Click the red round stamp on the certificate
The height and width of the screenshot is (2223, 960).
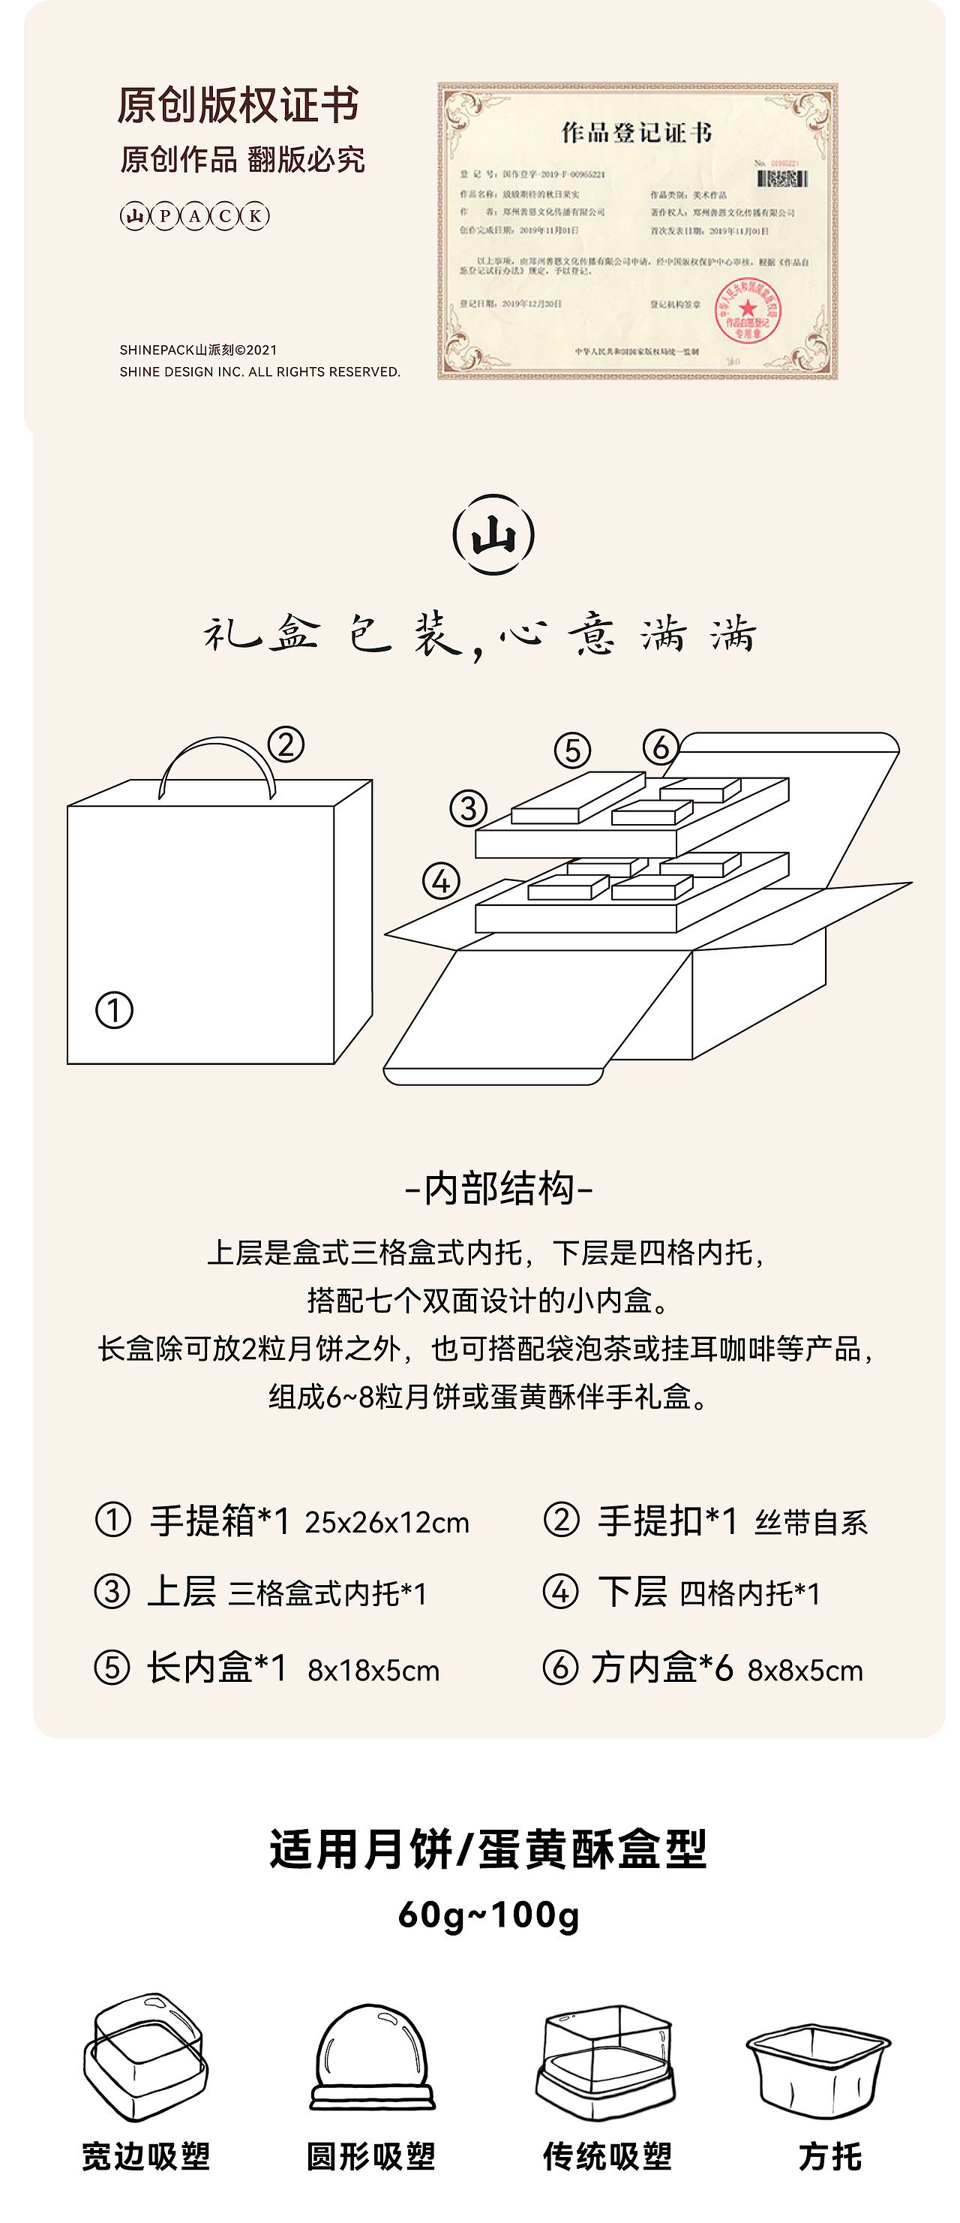(x=747, y=311)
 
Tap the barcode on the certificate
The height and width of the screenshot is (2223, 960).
(x=781, y=179)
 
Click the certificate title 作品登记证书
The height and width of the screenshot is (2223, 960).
(x=637, y=132)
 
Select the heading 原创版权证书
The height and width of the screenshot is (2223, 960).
(x=237, y=105)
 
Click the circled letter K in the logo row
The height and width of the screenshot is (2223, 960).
(x=255, y=215)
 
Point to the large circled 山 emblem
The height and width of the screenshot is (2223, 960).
(x=493, y=535)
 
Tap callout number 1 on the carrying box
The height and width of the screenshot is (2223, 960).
(x=114, y=1010)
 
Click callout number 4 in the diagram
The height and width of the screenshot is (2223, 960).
(x=441, y=882)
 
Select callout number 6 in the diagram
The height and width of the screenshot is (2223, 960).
(x=661, y=748)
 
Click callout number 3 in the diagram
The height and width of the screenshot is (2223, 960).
(x=468, y=808)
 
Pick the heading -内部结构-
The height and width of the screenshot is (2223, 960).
(x=499, y=1188)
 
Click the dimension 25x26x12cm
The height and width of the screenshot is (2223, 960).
(x=387, y=1522)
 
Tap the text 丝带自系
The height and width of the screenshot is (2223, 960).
(x=811, y=1522)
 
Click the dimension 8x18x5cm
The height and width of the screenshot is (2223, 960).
(x=373, y=1671)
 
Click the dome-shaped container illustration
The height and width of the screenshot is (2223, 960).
(x=372, y=2058)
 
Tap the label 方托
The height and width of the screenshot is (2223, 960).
(x=829, y=2156)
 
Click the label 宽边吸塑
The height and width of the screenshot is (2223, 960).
(x=145, y=2156)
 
